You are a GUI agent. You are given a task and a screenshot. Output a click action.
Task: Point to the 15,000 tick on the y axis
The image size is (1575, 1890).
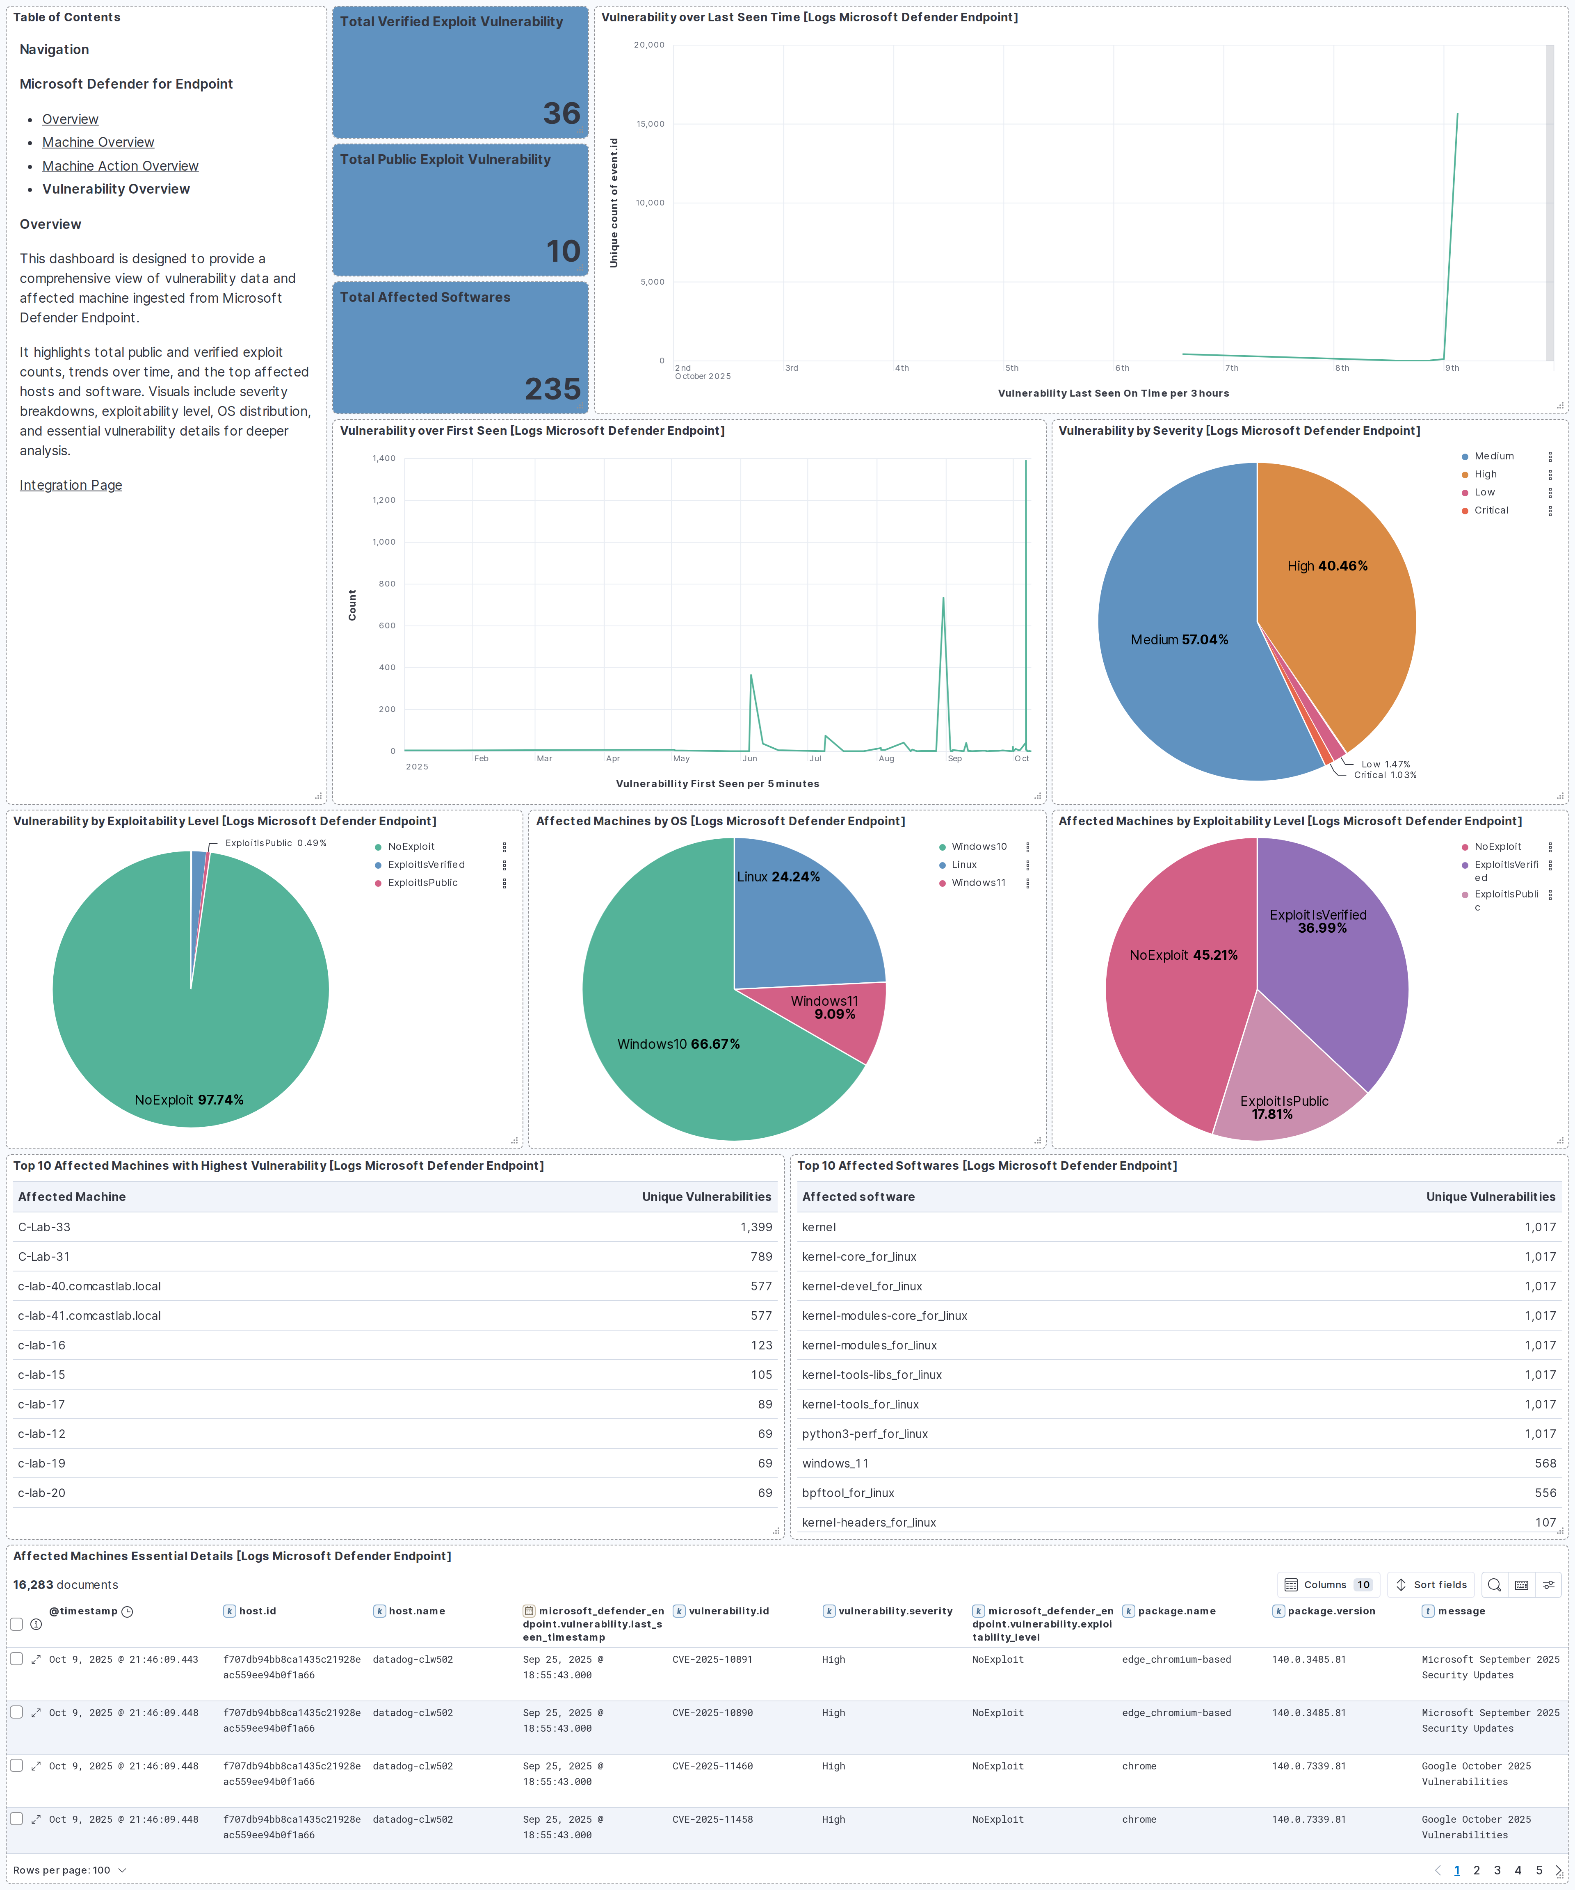(x=650, y=124)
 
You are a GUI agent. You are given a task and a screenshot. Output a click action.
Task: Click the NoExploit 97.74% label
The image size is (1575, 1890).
(x=189, y=1100)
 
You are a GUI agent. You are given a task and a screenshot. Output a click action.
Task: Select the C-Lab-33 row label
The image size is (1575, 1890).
(x=44, y=1227)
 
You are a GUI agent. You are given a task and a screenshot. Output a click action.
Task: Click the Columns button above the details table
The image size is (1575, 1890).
(x=1326, y=1585)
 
